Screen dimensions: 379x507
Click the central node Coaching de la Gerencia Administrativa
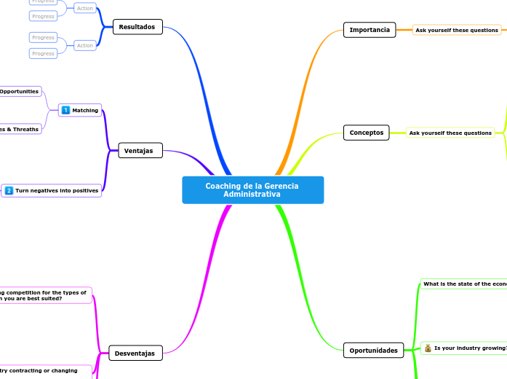pos(252,190)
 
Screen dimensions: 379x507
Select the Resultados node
pos(137,27)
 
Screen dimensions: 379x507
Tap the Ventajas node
pos(139,151)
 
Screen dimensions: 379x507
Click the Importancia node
pos(370,30)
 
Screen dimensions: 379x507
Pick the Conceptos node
pos(367,133)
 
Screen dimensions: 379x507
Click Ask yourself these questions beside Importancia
pos(457,31)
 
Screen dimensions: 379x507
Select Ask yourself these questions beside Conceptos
pos(450,133)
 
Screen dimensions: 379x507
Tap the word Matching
pos(86,110)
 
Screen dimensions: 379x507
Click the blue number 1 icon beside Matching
pos(66,110)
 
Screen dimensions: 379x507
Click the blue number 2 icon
pos(9,191)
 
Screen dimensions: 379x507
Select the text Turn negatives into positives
pos(57,191)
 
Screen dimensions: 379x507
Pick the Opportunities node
pos(20,91)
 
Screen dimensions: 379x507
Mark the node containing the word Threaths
pos(20,129)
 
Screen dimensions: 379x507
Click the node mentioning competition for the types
pos(44,295)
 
